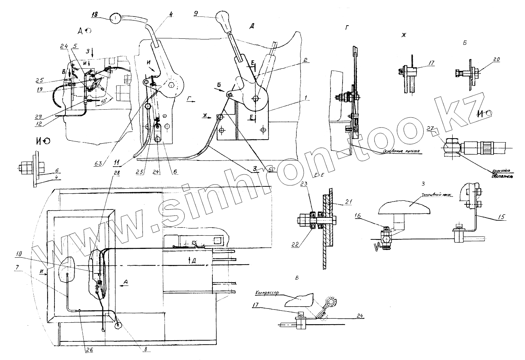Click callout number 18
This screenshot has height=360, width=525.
pyautogui.click(x=94, y=15)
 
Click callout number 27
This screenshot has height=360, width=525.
pyautogui.click(x=440, y=129)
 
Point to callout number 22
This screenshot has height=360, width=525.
pyautogui.click(x=305, y=245)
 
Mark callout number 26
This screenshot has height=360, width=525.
pyautogui.click(x=89, y=349)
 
